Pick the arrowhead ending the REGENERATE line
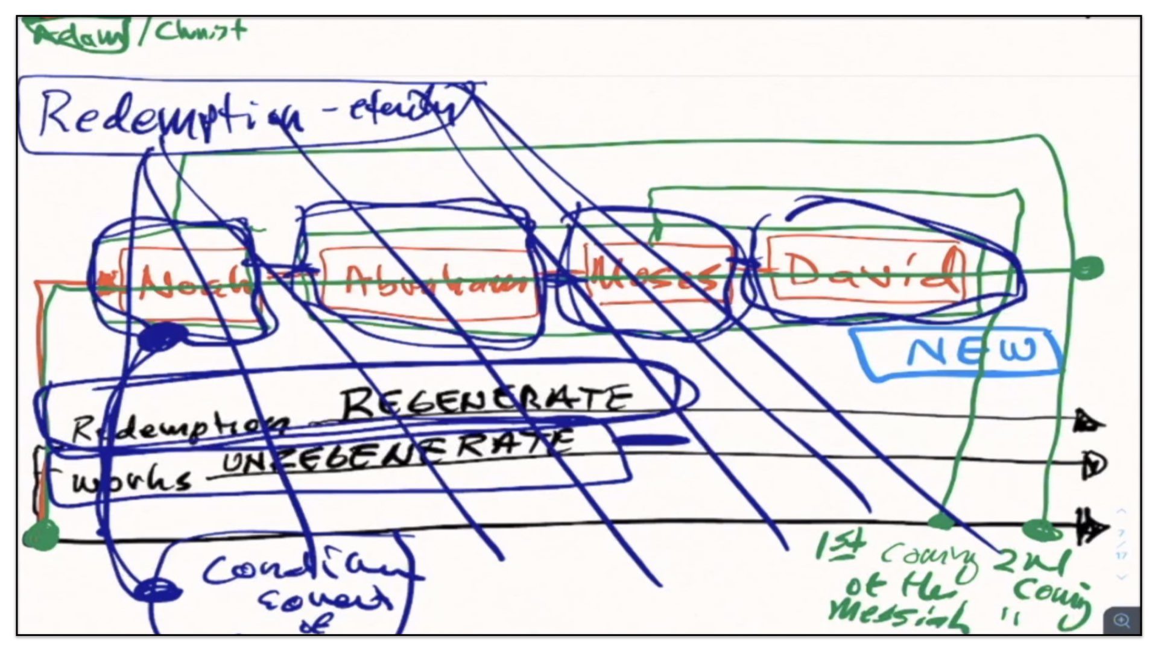[x=1089, y=421]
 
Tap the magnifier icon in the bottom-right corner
[x=1122, y=620]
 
